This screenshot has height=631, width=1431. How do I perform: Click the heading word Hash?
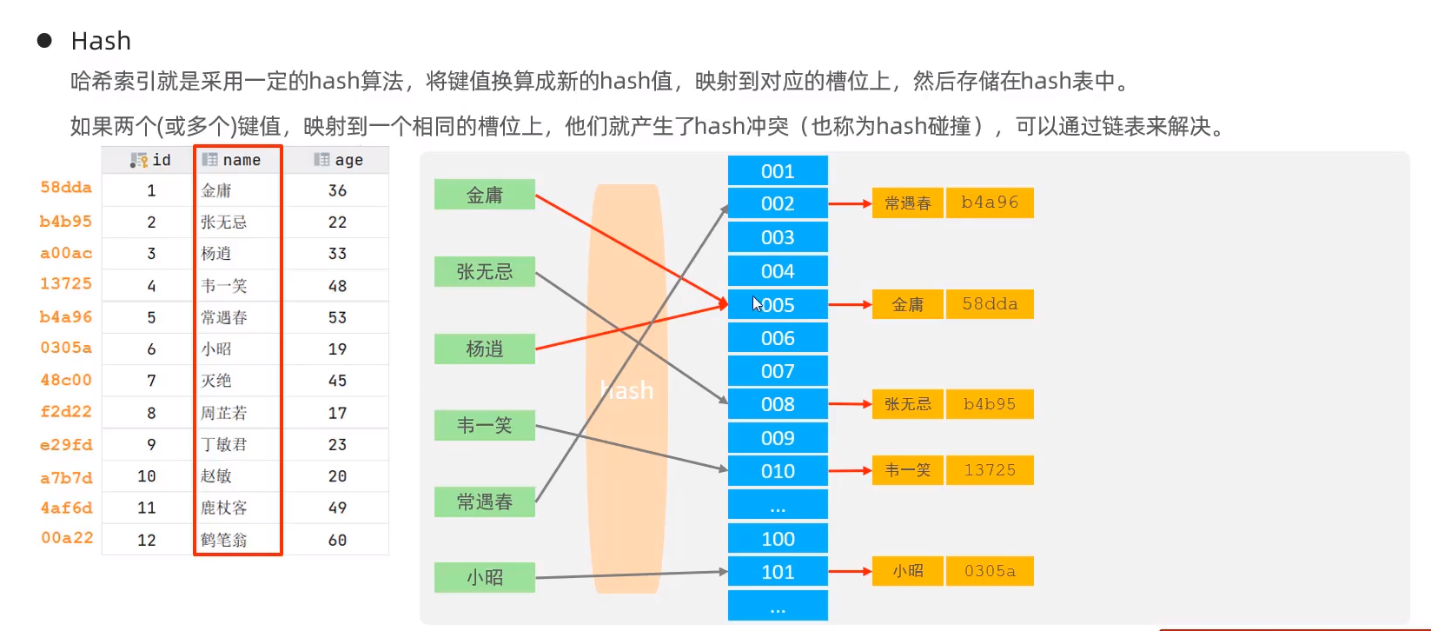click(101, 41)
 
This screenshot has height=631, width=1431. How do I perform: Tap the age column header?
click(339, 160)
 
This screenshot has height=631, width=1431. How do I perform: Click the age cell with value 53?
click(337, 317)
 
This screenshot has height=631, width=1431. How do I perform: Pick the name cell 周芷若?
click(224, 413)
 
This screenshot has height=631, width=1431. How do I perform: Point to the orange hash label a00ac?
click(66, 253)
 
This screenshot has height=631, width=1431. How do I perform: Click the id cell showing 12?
click(147, 540)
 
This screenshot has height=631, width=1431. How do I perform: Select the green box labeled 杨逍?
click(484, 349)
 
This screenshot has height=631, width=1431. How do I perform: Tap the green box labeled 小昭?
click(484, 577)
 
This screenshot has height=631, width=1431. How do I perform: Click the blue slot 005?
click(778, 305)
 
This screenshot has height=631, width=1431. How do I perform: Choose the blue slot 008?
click(778, 404)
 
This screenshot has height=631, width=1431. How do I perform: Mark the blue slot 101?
click(778, 572)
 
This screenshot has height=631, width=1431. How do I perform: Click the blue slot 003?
click(778, 237)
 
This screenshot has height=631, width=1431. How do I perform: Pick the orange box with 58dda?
click(990, 304)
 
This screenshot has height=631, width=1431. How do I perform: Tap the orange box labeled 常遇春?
click(908, 203)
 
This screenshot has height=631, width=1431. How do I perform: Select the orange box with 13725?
click(990, 470)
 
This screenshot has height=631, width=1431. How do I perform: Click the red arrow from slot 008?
click(849, 404)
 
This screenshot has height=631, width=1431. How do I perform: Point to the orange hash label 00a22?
click(67, 538)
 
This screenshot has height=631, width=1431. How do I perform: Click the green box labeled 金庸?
click(484, 195)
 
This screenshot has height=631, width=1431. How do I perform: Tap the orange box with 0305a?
click(990, 571)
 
